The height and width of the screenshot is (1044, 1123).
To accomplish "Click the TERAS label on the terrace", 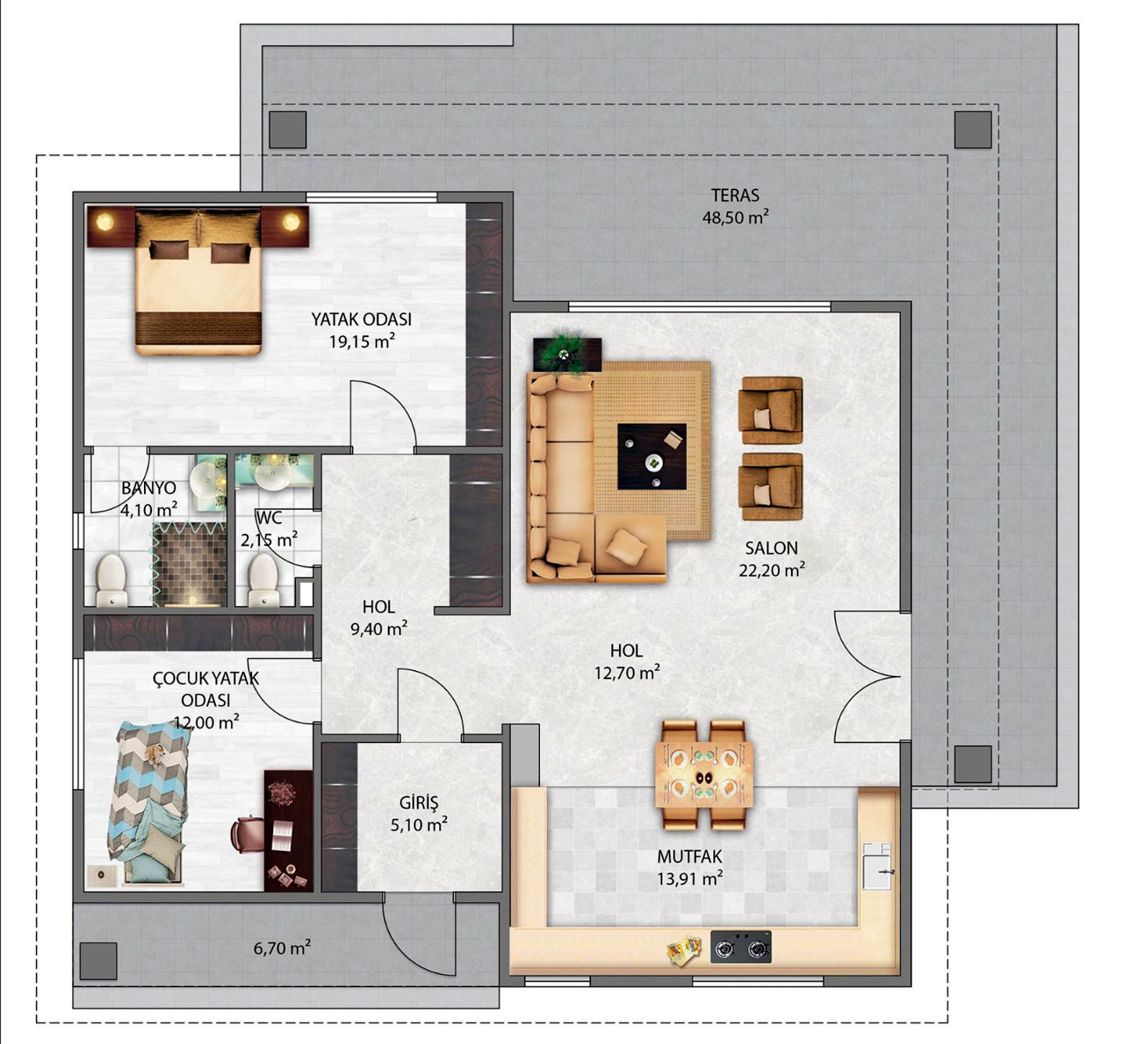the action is [735, 195].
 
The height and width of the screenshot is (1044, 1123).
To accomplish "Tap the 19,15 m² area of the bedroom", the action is [362, 341].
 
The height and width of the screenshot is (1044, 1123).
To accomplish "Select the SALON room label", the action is [771, 548].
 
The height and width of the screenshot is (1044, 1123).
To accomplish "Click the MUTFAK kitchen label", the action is [689, 857].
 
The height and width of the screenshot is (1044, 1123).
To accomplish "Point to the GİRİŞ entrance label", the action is [419, 802].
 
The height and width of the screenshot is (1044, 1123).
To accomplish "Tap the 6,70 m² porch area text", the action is [281, 948].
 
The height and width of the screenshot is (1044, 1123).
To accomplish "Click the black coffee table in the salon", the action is [651, 456].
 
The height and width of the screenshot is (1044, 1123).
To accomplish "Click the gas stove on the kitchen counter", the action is [741, 947].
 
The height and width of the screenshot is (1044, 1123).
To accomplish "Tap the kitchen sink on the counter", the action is [878, 865].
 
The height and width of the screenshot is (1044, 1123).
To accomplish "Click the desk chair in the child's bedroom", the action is [247, 834].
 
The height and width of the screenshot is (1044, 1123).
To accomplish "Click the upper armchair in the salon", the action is [771, 410].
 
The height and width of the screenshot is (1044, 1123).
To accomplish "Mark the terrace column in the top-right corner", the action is [973, 130].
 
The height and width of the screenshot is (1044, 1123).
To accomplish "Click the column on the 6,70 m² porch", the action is [98, 961].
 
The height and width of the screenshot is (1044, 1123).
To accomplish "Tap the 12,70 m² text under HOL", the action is [627, 672].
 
